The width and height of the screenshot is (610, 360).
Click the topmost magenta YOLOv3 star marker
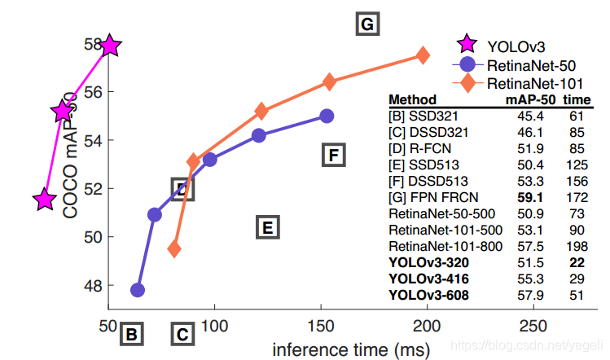pyautogui.click(x=110, y=47)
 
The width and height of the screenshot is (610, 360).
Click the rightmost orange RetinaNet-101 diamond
pyautogui.click(x=423, y=55)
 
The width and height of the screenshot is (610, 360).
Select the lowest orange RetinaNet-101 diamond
pyautogui.click(x=174, y=249)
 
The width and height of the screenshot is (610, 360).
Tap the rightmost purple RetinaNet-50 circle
pyautogui.click(x=327, y=116)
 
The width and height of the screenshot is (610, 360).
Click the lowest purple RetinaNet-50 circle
pyautogui.click(x=138, y=290)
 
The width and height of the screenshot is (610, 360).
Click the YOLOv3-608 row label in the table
pyautogui.click(x=430, y=294)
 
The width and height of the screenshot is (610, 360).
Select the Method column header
pyautogui.click(x=413, y=99)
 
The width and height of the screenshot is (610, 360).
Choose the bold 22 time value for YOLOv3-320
pyautogui.click(x=577, y=263)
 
